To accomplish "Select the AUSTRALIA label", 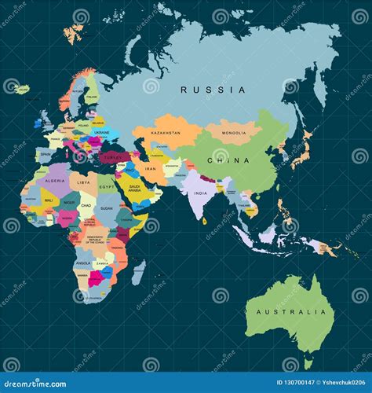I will [287, 312].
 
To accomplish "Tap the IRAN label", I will [151, 169].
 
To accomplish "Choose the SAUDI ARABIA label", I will [129, 189].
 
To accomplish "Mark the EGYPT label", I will [107, 186].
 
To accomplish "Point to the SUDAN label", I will [107, 209].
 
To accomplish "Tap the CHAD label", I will [86, 206].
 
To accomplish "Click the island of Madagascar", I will [138, 273].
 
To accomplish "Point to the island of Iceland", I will [21, 89].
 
